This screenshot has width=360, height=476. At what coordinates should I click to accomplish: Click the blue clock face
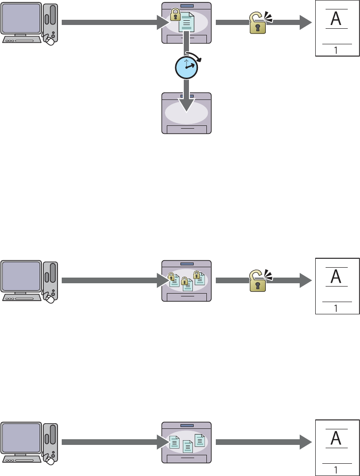tap(186, 68)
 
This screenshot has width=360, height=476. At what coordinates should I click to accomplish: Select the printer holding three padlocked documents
tap(187, 280)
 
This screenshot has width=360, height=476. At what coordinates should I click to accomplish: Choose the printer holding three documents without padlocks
tap(187, 443)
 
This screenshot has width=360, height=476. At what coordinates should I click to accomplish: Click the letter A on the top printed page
tap(335, 18)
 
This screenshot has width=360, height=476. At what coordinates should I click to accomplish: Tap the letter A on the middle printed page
tap(335, 276)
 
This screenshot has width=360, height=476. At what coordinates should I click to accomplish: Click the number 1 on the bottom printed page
tap(335, 469)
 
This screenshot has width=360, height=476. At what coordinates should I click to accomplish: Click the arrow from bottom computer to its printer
tap(113, 442)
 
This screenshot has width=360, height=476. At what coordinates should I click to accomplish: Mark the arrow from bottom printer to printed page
tap(264, 442)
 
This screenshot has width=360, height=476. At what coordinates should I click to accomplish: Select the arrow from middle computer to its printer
tap(113, 280)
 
